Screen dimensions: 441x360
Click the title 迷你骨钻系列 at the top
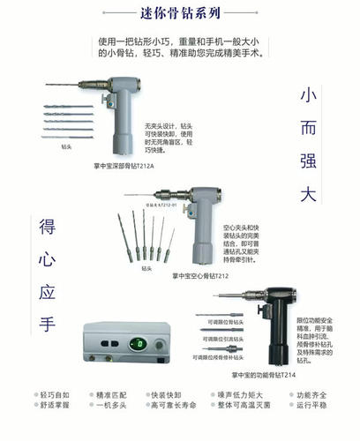point(180,13)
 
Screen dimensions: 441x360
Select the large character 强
point(308,162)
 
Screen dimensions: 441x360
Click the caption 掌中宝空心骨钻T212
point(210,274)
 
